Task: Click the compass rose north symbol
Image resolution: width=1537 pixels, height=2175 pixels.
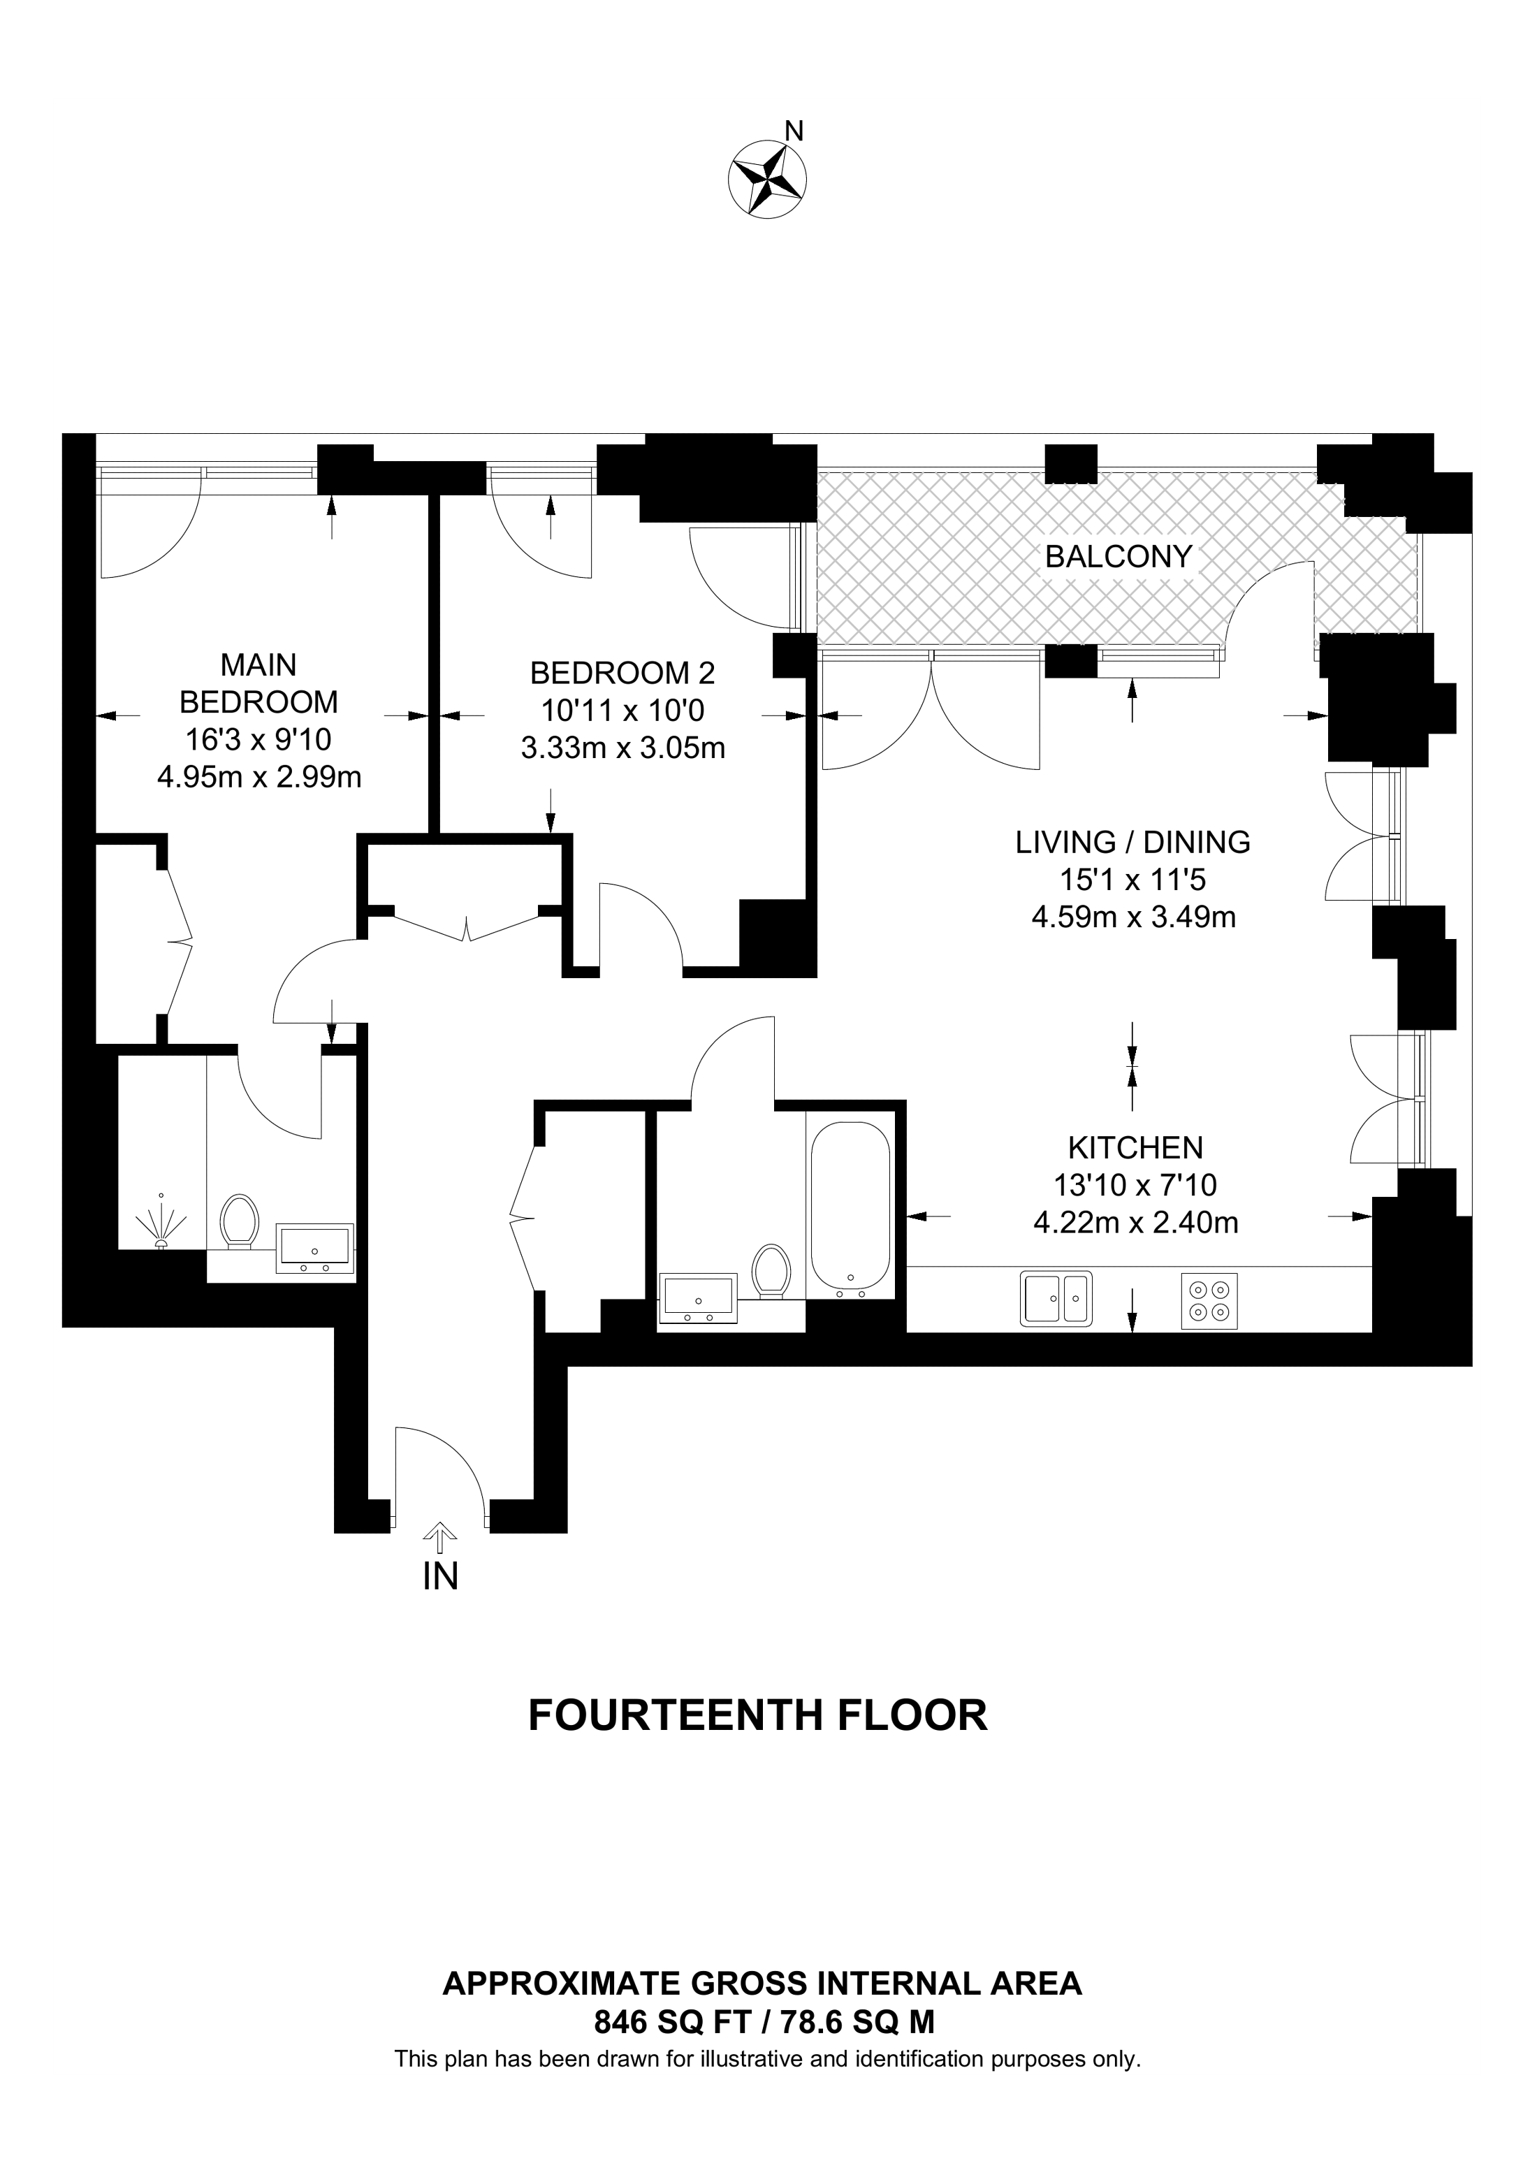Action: [767, 177]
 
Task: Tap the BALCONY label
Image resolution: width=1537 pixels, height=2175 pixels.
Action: [1119, 557]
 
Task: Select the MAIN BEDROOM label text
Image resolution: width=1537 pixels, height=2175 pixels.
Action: [258, 684]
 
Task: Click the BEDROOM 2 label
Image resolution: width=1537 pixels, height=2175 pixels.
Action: [622, 674]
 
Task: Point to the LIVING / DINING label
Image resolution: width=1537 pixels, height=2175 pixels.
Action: [1132, 842]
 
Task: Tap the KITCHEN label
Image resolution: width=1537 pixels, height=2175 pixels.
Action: [1135, 1148]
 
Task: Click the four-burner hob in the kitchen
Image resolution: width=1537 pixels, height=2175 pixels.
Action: [1210, 1302]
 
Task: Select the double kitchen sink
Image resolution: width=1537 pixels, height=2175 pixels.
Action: [1056, 1297]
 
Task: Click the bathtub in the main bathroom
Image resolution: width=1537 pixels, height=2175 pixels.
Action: [850, 1212]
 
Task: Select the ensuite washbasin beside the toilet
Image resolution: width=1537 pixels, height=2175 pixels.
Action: [314, 1248]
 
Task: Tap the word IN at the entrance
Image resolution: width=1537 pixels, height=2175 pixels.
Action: [440, 1576]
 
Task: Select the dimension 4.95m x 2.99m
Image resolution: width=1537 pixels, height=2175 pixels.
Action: [258, 778]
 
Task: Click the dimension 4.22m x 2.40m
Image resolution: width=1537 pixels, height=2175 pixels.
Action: [1135, 1223]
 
